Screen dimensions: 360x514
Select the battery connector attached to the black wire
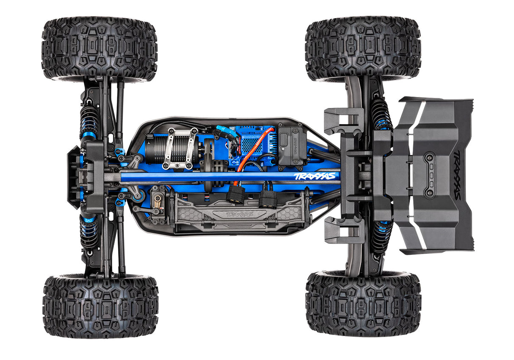[268, 197]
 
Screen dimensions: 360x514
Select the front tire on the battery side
[100, 305]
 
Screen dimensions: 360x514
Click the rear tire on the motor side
[363, 49]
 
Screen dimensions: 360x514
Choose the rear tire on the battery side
[363, 303]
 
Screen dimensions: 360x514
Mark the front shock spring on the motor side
[89, 121]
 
